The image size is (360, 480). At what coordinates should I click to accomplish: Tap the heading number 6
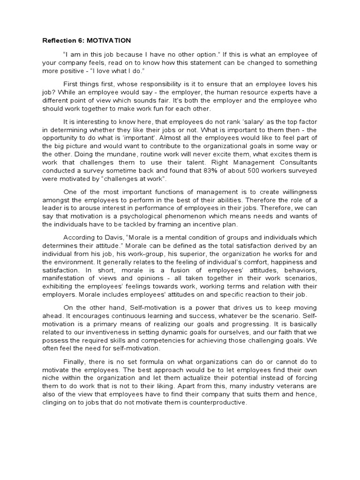point(79,40)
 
